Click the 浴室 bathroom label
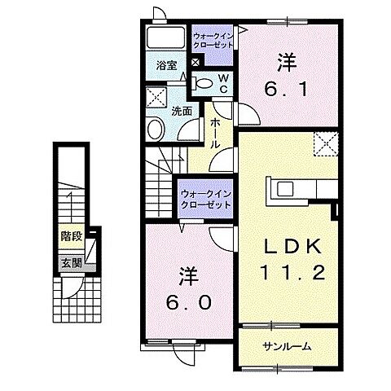tap(166, 65)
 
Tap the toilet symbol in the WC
tap(202, 83)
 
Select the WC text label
tap(223, 84)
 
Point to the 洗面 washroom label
tap(182, 111)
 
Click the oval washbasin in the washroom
tap(156, 129)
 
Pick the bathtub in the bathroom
tap(166, 37)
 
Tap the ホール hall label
tap(214, 133)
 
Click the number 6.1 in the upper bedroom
tap(286, 89)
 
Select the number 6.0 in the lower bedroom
tap(188, 302)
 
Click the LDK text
tap(293, 247)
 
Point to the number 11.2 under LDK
tap(293, 272)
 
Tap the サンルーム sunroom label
tap(287, 346)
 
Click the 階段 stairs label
tap(72, 236)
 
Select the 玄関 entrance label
tap(72, 263)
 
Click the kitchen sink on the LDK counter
tap(284, 189)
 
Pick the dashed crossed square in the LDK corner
tap(326, 144)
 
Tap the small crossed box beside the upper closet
tap(195, 62)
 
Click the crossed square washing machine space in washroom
tap(156, 97)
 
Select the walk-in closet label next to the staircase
tap(206, 200)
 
